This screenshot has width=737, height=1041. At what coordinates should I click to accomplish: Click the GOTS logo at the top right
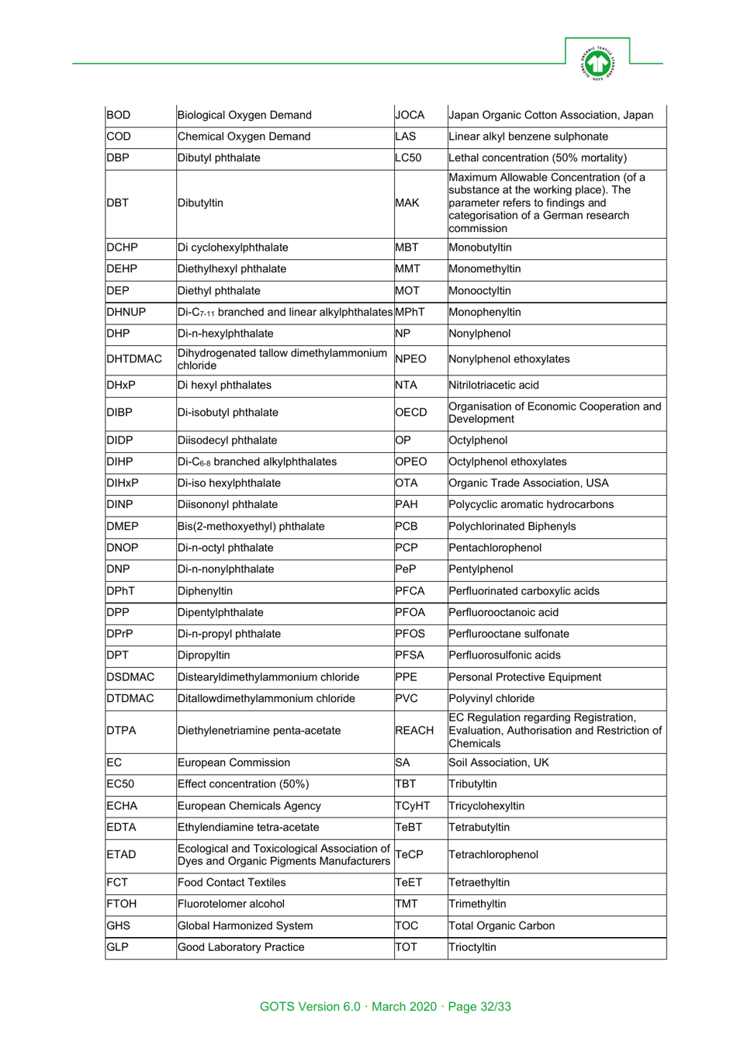click(x=597, y=63)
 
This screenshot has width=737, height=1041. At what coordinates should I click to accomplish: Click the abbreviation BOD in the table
click(x=119, y=115)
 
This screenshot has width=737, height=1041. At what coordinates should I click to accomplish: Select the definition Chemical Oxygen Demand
click(x=244, y=137)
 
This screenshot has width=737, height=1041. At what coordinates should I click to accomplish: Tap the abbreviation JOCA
click(x=410, y=115)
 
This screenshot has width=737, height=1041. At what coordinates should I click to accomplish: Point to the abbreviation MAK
click(x=407, y=203)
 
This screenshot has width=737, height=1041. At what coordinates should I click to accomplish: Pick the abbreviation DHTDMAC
click(x=134, y=359)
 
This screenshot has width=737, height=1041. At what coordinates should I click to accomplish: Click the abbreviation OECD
click(x=411, y=413)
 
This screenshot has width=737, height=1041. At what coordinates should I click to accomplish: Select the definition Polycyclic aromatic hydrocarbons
click(x=531, y=504)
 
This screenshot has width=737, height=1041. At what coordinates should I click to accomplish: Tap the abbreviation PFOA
click(x=410, y=612)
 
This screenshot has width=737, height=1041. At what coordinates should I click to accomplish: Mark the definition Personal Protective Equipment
click(x=524, y=677)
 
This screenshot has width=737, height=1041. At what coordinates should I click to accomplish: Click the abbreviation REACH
click(x=414, y=731)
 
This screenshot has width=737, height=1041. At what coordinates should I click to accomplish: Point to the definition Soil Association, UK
click(x=498, y=763)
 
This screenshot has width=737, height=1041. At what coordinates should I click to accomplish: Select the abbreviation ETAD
click(x=121, y=855)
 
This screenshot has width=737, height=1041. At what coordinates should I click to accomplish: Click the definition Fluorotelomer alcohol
click(x=231, y=904)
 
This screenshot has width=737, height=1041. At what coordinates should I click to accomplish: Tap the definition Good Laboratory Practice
click(x=240, y=947)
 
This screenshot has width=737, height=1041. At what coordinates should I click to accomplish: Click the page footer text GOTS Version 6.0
click(x=310, y=1006)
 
